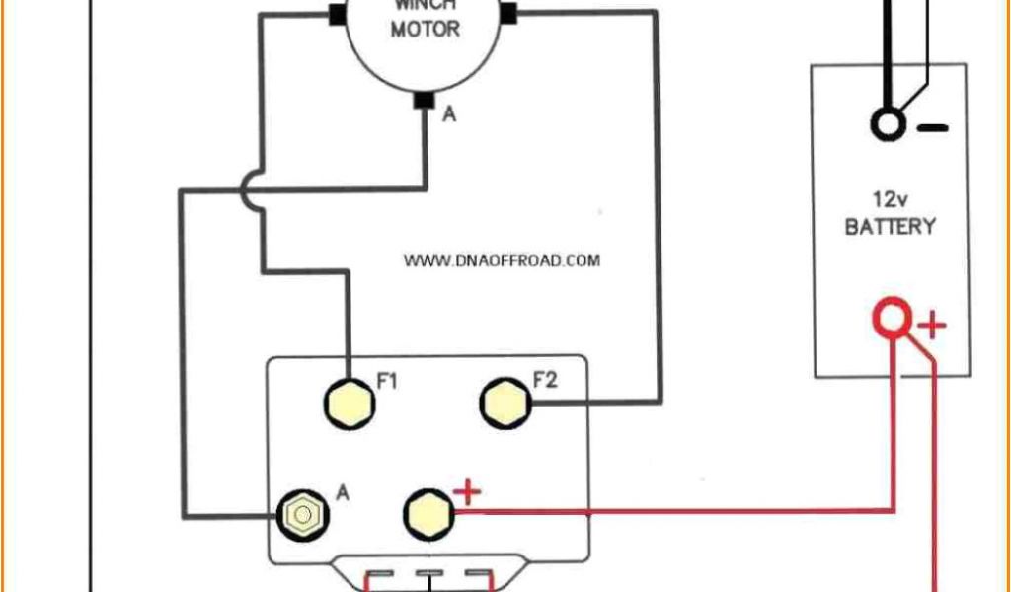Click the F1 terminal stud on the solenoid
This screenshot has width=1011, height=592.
(x=350, y=402)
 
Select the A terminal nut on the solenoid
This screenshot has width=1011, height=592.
(x=302, y=514)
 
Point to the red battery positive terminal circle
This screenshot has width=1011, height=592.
(x=892, y=319)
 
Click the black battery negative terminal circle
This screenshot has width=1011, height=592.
(x=888, y=124)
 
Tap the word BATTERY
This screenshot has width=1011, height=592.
(x=890, y=226)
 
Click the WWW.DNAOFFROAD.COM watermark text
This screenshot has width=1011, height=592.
(x=502, y=260)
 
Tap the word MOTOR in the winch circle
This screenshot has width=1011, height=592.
(x=425, y=30)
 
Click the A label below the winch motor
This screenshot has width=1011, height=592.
(x=449, y=114)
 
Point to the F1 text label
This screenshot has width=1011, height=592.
(x=387, y=379)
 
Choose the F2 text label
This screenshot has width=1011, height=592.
(x=544, y=379)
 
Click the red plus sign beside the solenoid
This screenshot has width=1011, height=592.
(x=466, y=492)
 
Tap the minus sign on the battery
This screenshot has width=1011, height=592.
(x=933, y=127)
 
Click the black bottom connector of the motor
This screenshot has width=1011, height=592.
(x=425, y=100)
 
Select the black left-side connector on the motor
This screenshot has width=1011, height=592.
(x=336, y=14)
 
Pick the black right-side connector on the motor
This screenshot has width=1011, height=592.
(x=508, y=14)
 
